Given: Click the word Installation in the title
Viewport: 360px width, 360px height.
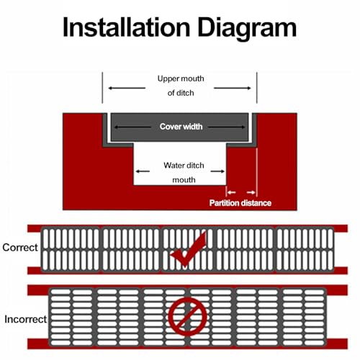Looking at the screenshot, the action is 127,27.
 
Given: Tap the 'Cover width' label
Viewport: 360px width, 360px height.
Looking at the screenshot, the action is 181,127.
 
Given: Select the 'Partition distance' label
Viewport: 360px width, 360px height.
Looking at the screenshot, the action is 240,203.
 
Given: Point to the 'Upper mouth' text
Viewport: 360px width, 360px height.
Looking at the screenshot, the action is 181,78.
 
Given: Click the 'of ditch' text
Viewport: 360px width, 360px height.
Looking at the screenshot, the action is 181,93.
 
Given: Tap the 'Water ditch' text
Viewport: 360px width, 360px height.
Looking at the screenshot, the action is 184,166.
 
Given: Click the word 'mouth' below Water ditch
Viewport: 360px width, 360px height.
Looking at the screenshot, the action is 184,180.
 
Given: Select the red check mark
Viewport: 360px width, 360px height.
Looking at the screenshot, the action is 189,251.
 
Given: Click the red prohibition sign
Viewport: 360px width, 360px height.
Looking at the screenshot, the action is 187,316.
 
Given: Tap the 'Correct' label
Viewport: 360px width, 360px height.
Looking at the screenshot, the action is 20,248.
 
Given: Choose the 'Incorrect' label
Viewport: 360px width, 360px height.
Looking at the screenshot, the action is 25,320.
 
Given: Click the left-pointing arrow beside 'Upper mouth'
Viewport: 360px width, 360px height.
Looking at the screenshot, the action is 127,88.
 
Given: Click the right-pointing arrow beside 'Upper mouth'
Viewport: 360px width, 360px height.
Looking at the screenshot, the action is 233,88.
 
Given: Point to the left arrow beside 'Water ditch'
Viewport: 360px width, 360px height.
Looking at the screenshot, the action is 143,171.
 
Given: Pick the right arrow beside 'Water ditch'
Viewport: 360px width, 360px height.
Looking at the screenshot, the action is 217,171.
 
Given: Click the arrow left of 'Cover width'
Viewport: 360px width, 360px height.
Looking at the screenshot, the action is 132,127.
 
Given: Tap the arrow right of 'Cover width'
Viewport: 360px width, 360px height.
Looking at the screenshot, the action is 227,127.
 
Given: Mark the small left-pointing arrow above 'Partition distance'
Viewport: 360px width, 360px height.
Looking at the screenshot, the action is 232,192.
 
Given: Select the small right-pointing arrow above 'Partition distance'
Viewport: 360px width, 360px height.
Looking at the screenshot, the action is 251,192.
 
